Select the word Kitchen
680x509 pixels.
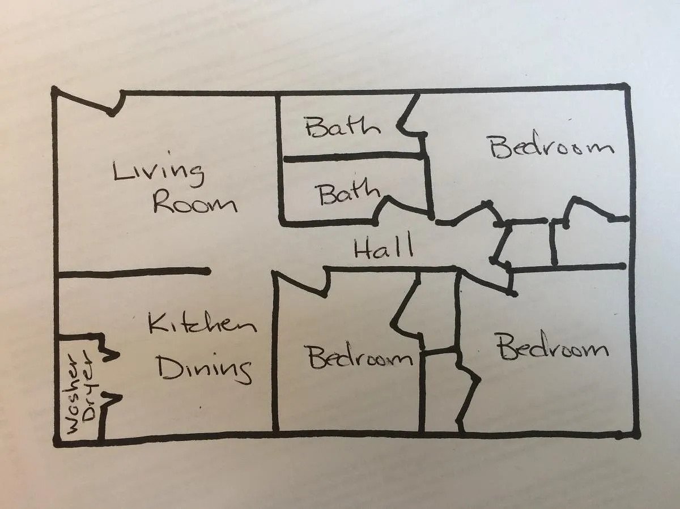tap(203, 323)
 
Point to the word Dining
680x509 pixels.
tap(205, 368)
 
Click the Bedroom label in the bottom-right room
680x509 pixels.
tap(553, 346)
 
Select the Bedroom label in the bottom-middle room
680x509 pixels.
tap(360, 358)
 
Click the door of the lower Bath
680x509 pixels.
tap(403, 207)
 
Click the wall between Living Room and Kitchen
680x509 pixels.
tap(133, 272)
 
